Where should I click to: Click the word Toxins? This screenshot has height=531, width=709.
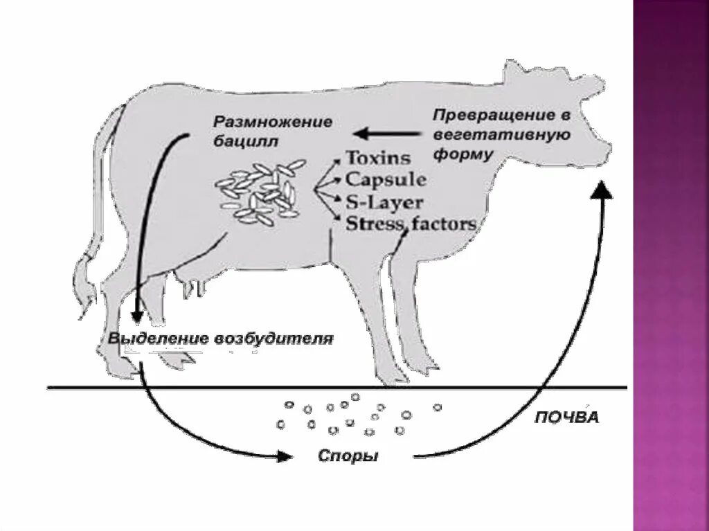(377, 158)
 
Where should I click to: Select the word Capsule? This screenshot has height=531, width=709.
(386, 179)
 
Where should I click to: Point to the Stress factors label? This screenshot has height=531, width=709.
(411, 223)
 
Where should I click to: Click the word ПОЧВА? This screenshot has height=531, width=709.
(566, 418)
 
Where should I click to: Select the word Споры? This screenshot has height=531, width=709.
(348, 457)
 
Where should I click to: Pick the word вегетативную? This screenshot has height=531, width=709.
(501, 135)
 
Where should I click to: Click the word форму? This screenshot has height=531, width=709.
(463, 154)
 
